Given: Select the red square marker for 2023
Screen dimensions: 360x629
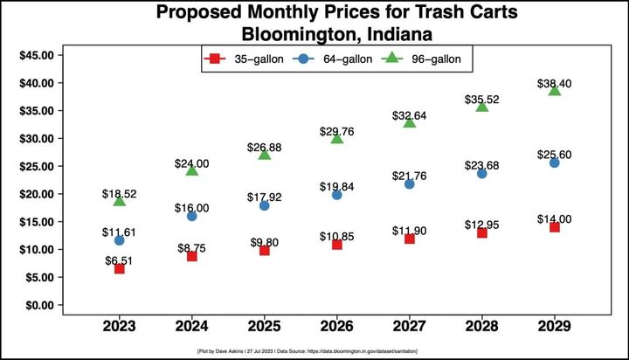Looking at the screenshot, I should (119, 268).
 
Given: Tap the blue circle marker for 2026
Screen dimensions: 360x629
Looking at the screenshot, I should (336, 195).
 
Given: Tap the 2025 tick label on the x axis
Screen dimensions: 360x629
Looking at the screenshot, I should (264, 328).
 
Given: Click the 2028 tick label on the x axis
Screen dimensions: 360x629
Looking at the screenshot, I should (481, 328).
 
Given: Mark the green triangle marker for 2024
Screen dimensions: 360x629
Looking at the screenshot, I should (191, 170).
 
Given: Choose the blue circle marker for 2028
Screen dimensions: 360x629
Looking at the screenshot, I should (481, 173).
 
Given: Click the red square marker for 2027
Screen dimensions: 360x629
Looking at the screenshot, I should (409, 239).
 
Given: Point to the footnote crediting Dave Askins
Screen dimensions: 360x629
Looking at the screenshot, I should (314, 350).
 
